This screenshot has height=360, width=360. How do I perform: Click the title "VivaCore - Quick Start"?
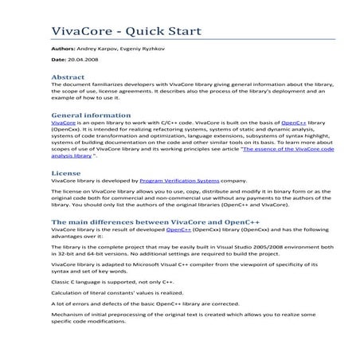126,32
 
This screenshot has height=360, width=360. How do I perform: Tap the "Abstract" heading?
68,77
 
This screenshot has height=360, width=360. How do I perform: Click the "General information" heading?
91,115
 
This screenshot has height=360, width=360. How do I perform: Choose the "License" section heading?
65,172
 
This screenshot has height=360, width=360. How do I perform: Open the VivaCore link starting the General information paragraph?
63,123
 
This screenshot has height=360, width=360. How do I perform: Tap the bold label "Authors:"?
64,49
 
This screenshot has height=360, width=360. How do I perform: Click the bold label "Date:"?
59,60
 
